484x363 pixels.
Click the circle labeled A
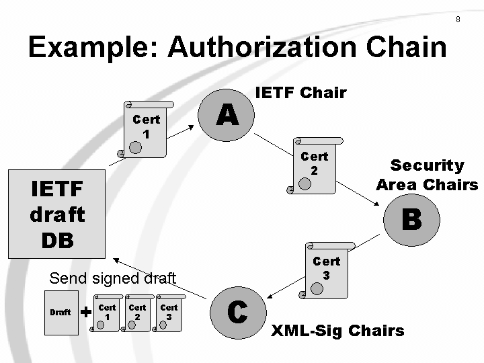(x=227, y=116)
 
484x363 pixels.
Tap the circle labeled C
(x=238, y=312)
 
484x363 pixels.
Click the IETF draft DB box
(x=57, y=214)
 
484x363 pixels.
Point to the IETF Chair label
(x=300, y=93)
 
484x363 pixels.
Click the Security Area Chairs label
(x=427, y=175)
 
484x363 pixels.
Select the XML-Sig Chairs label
(x=337, y=331)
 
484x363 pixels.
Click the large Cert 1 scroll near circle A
(x=146, y=129)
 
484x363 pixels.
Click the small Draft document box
(x=61, y=312)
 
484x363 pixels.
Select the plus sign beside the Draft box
(x=86, y=312)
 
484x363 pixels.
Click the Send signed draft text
(x=112, y=278)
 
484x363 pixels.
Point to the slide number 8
(x=458, y=19)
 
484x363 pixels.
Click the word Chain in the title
(x=411, y=48)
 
